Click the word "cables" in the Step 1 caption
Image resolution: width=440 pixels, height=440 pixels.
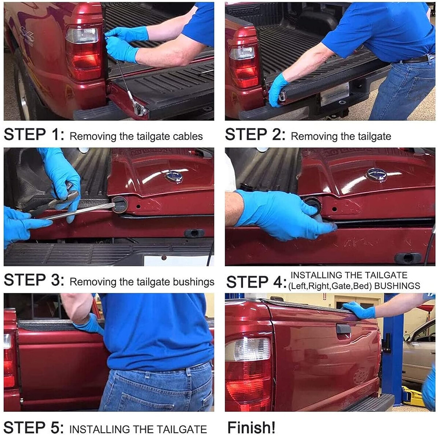(x=188, y=136)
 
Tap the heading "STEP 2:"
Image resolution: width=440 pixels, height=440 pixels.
(x=255, y=134)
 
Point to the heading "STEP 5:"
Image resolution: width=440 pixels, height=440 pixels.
(x=34, y=428)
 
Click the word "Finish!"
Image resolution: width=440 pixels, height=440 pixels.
(x=251, y=427)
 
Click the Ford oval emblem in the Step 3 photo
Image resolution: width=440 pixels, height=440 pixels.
(x=174, y=177)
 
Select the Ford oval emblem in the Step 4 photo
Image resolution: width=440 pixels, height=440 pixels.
(x=377, y=175)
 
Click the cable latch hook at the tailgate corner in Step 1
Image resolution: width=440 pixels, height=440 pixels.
(x=139, y=109)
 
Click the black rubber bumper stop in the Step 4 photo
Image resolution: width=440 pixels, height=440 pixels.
(x=408, y=258)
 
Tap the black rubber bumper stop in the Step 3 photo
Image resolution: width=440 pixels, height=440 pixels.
(x=194, y=233)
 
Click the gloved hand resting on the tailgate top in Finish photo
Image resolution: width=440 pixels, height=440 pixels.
(x=359, y=310)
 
